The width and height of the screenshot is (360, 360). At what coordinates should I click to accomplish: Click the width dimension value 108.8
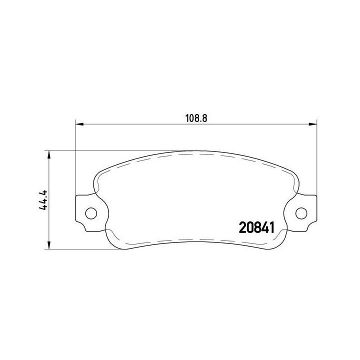(x=196, y=118)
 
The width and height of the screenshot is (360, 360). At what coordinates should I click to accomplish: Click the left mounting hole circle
(x=90, y=213)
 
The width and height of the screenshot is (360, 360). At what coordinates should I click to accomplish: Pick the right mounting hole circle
(x=301, y=213)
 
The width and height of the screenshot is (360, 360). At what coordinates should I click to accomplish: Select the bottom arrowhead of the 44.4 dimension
(x=48, y=245)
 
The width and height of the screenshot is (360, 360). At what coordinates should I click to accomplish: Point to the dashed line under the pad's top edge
(x=196, y=155)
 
